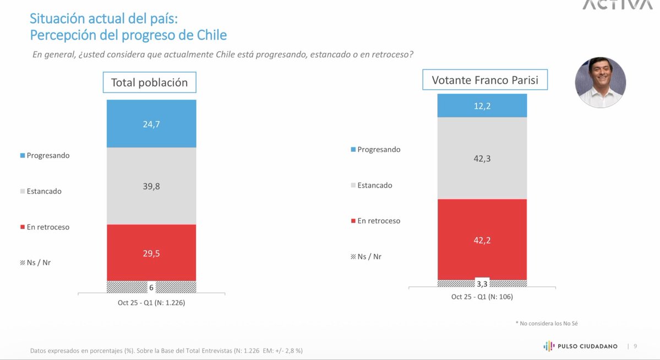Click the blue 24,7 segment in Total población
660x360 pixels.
(x=151, y=123)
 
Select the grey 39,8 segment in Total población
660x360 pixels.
(x=151, y=186)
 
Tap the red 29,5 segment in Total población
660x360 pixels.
(x=151, y=253)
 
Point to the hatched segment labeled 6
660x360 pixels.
(x=127, y=287)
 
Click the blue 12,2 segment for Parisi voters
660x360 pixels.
(x=482, y=106)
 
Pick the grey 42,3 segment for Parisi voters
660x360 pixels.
(x=482, y=158)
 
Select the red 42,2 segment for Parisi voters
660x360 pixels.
(x=482, y=239)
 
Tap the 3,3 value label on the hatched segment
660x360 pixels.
(x=482, y=284)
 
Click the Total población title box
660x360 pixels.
(x=149, y=83)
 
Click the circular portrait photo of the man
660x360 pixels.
(x=600, y=83)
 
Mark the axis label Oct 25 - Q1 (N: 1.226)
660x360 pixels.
(x=151, y=302)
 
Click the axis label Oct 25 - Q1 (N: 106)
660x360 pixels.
(x=482, y=297)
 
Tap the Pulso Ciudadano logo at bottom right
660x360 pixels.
(x=580, y=346)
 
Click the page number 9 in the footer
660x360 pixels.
(x=635, y=346)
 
